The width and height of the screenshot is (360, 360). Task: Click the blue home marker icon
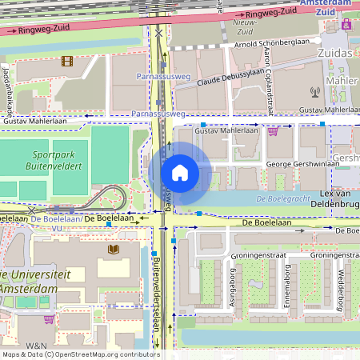click(180, 173)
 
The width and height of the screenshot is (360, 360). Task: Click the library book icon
click(112, 250)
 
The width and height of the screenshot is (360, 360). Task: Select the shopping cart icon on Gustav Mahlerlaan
click(273, 131)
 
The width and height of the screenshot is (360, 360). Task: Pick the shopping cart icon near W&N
click(49, 318)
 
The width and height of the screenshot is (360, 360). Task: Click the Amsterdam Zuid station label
click(325, 8)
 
